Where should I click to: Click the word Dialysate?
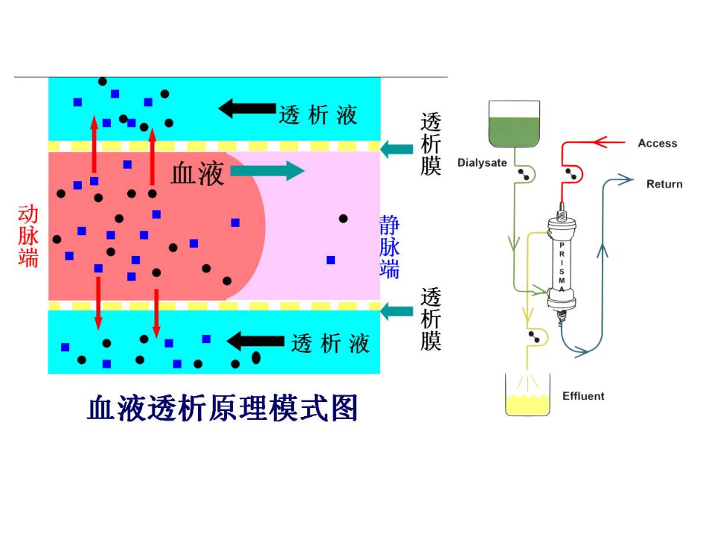pos(482,163)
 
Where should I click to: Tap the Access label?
pos(658,143)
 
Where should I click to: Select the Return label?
pos(664,184)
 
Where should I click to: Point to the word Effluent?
pos(583,395)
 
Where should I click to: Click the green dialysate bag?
pos(514,124)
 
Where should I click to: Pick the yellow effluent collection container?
pos(527,395)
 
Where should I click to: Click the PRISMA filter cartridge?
pos(562,265)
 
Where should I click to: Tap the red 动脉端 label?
pos(28,236)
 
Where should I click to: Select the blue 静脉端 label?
pos(390,246)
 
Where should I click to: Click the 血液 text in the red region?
pos(197,173)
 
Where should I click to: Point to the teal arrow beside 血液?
pos(267,171)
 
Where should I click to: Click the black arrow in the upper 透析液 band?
pos(247,109)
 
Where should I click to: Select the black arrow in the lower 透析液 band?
pos(255,341)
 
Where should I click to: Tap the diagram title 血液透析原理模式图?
pos(223,408)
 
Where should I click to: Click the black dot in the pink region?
pos(343,219)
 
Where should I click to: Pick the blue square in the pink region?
pos(331,260)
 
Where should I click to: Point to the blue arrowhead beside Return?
pos(626,179)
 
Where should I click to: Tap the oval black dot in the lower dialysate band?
pos(256,358)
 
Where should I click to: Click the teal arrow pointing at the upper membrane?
pos(397,149)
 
